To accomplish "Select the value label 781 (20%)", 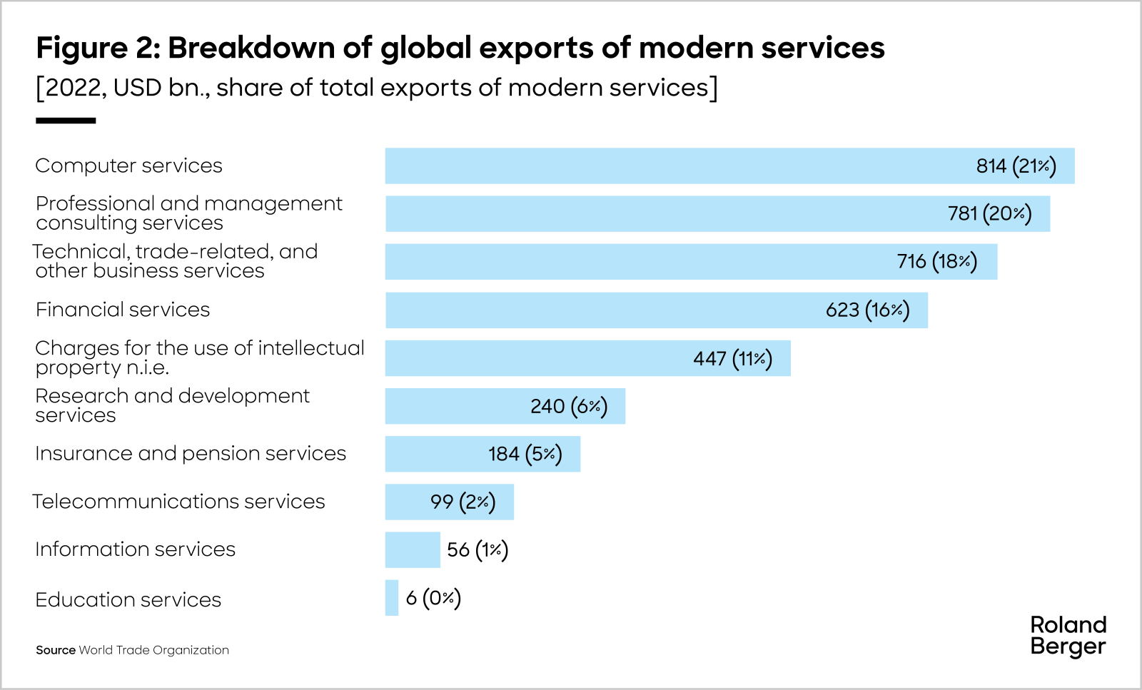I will coord(989,213).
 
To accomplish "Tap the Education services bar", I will coord(392,598).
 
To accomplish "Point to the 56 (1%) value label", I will coord(477,549).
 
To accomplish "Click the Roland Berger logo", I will coord(1068,635).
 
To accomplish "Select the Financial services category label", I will coord(123,310).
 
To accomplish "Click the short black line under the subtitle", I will coord(66,121).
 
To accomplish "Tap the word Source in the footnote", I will coord(56,650).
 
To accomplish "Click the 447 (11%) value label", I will coord(732,358).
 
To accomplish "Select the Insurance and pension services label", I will coord(191,454).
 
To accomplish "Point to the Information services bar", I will coord(413,549).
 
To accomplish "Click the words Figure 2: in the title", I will coord(98,48).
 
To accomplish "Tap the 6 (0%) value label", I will coord(433,597).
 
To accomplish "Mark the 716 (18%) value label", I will coord(936,261).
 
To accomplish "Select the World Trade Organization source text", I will coord(153,650).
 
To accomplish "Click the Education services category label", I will coord(128,600).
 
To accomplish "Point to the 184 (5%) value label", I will coord(525,454).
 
